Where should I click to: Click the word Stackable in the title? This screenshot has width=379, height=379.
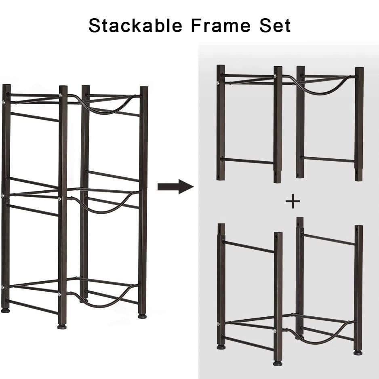coord(135,25)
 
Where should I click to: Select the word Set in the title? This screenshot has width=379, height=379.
coord(275,25)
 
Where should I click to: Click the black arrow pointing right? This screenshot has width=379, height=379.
coord(176,186)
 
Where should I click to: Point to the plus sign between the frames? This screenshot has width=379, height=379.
coord(293,201)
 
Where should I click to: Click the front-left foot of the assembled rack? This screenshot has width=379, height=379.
coord(5,310)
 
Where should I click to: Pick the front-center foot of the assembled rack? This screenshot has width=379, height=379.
coord(62,326)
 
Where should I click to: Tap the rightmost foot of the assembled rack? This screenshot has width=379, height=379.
coord(142,316)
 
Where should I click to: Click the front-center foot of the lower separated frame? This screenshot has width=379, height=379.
coord(278,363)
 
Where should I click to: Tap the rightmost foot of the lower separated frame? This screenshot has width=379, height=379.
coord(358,352)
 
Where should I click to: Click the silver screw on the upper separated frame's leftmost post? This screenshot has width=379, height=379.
coord(218,83)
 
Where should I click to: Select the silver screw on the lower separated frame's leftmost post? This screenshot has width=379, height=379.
coord(219,324)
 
